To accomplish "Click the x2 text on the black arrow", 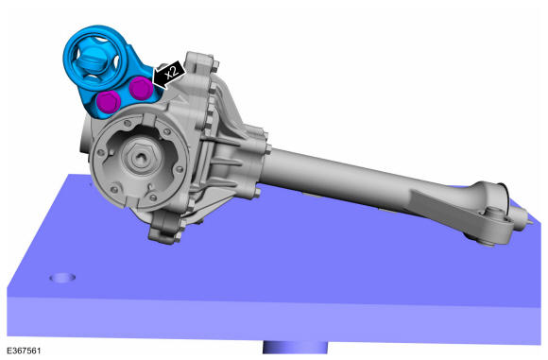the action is [171, 73].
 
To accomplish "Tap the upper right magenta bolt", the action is [141, 88].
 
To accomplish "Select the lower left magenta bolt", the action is [109, 102].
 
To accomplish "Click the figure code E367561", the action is [24, 351].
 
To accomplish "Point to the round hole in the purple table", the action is [62, 278].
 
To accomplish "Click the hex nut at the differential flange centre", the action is [141, 157].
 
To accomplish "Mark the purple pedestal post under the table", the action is [295, 348].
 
